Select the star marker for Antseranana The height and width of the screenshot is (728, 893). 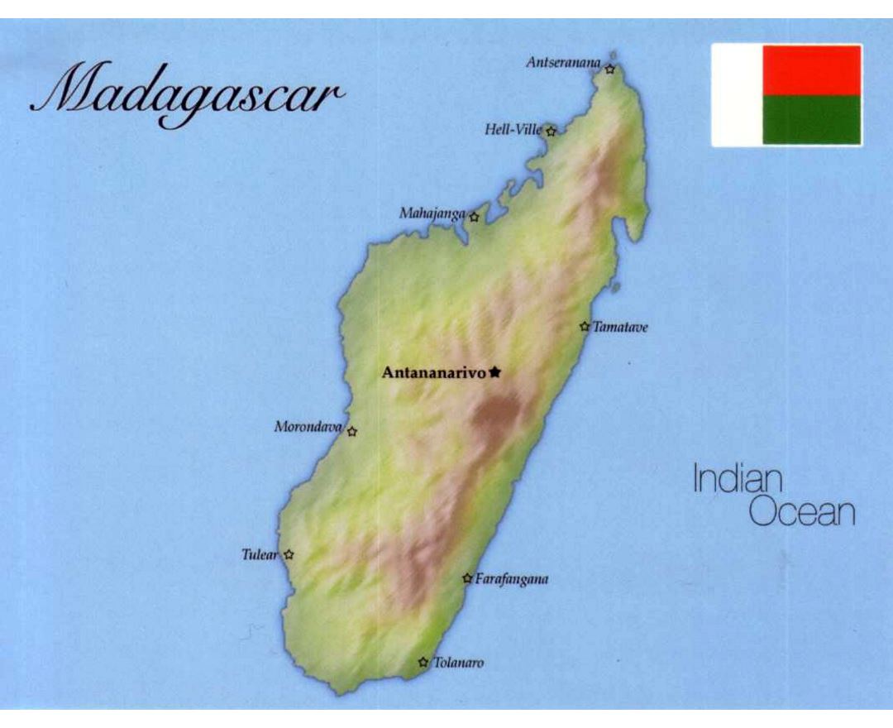point(609,69)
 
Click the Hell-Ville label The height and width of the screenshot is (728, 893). point(513,129)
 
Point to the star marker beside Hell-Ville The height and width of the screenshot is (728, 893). point(551,131)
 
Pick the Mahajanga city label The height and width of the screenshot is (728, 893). point(432,213)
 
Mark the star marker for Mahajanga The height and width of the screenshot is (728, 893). point(474,218)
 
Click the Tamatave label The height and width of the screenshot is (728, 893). point(620,328)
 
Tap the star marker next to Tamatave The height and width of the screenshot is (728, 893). point(585,327)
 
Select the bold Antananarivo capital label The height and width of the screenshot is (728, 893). point(433,373)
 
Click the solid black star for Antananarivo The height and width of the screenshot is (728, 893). point(494,372)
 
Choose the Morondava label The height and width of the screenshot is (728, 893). point(308,427)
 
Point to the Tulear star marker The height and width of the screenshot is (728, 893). point(289,554)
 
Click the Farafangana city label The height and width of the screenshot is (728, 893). point(511,580)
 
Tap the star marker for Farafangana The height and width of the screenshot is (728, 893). point(467,578)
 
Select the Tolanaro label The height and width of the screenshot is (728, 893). point(458,663)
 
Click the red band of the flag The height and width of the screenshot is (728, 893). point(811,70)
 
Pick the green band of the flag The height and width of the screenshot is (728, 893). point(811,120)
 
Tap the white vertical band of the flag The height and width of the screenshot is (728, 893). point(737,95)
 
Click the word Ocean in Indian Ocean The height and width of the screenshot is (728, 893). point(801,513)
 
